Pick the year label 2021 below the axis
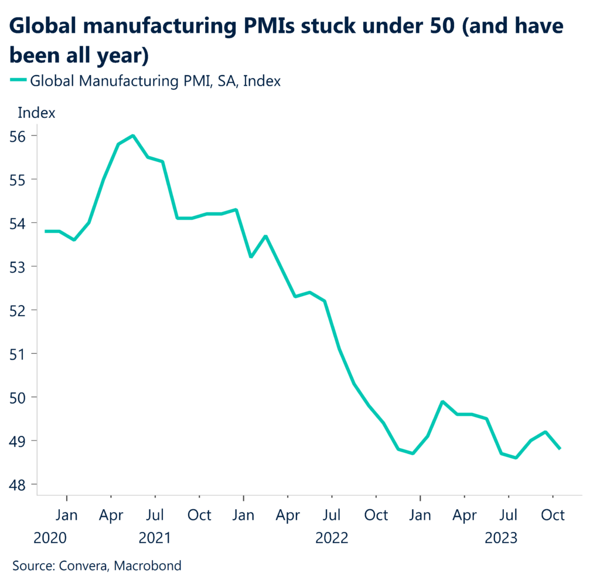(155, 537)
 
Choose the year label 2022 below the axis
(332, 537)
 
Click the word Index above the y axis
(37, 113)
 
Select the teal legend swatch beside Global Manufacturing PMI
(18, 81)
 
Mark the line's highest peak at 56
(133, 136)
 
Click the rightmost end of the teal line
(560, 449)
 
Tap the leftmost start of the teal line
(45, 231)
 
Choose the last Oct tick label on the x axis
(552, 515)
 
